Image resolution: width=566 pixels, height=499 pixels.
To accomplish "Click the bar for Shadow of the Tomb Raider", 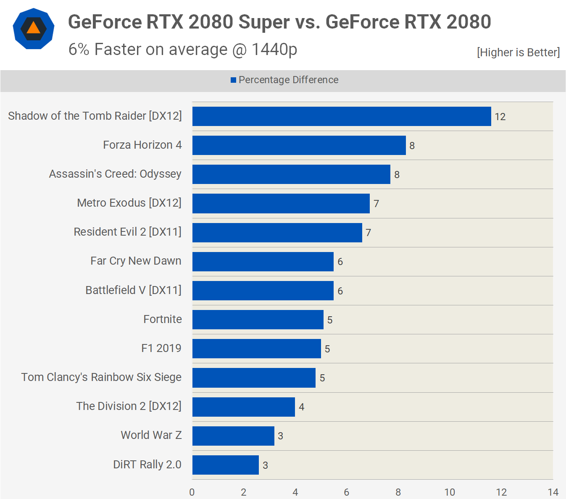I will coord(342,116).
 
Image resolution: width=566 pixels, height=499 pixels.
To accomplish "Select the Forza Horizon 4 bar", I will coord(299,145).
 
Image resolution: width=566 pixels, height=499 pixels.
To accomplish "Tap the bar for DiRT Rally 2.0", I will coord(225,465).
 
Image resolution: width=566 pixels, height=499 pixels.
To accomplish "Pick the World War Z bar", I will coord(233,436).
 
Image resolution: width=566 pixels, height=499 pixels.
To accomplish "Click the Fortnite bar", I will coord(258,320).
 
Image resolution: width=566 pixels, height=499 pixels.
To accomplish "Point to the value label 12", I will coord(500,117).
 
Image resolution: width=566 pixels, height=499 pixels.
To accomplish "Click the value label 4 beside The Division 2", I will coord(301,407).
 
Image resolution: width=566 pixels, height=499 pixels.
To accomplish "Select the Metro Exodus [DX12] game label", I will coord(129,203).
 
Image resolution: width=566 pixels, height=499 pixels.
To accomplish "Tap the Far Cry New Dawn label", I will coord(136,261).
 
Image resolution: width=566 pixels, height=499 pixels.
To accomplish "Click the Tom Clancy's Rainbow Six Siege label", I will coord(101,377).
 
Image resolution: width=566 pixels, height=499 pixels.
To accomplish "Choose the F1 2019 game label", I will coord(161,348).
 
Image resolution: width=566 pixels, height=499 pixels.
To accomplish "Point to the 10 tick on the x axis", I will coord(450,492).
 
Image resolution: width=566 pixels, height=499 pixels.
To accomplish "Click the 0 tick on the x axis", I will coord(192,492).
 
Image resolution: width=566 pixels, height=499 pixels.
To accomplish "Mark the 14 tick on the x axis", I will coord(553,492).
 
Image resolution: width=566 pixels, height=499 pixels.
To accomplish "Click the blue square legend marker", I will coord(233,80).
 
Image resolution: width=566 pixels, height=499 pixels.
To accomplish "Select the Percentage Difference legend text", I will coord(288,80).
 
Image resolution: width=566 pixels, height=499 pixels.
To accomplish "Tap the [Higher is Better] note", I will coord(518,53).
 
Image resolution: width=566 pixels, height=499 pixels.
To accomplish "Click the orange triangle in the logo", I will coord(34,28).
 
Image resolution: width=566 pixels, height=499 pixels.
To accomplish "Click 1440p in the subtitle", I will coord(274,50).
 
